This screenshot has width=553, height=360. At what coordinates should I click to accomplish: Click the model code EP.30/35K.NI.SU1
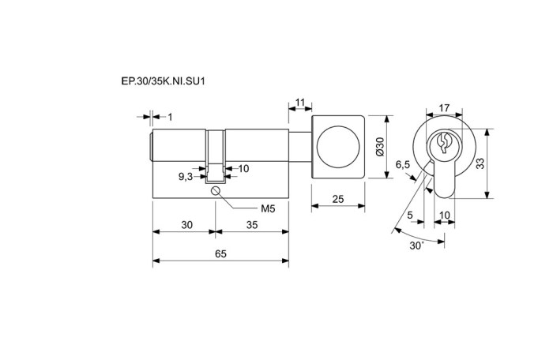163,81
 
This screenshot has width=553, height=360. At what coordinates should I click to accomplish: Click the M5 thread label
268,208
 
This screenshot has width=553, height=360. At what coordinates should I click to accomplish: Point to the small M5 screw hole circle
216,191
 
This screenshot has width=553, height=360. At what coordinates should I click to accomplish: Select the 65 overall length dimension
220,254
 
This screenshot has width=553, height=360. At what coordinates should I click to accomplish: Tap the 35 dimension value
252,224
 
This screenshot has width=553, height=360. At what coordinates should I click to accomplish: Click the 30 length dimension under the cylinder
187,224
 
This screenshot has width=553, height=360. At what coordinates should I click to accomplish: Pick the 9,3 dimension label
186,177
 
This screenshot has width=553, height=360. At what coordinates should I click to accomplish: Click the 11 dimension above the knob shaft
299,103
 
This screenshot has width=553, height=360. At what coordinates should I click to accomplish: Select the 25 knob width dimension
338,199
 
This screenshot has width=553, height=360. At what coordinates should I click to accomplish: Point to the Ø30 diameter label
379,147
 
